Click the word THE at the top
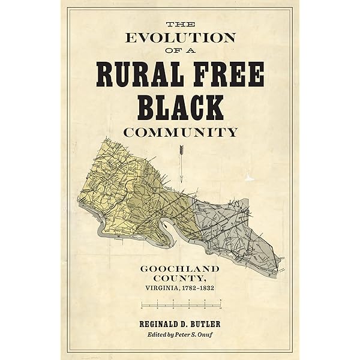tap(179, 23)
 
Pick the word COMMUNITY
tap(179, 131)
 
